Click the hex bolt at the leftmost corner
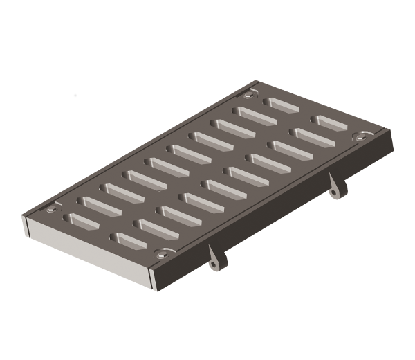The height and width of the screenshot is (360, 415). coord(52,208)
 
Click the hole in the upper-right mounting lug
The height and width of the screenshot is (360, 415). coord(338,191)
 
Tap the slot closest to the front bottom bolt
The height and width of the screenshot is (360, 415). coord(131,241)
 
